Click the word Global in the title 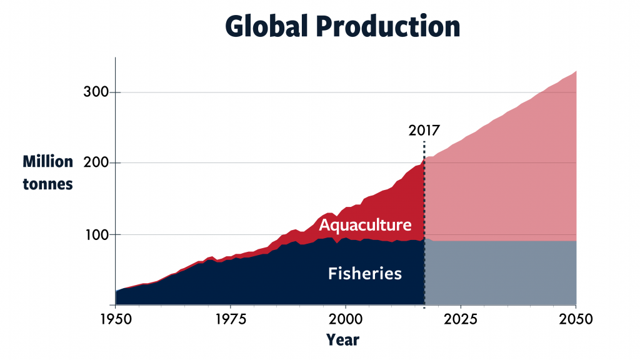tap(266, 26)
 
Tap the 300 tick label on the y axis tap(96, 92)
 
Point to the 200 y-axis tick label tap(96, 163)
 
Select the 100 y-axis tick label tap(97, 235)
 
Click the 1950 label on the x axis tap(116, 319)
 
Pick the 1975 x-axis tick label tap(231, 319)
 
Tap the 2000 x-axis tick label tap(346, 319)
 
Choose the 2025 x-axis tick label tap(461, 319)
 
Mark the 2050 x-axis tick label tap(576, 319)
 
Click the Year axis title tap(343, 340)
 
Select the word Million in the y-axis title tap(47, 162)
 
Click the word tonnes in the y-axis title tap(47, 184)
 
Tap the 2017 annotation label tap(424, 131)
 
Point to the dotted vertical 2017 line tap(424, 224)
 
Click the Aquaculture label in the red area tap(365, 225)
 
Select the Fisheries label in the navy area tap(365, 274)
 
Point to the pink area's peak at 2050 tap(576, 71)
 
